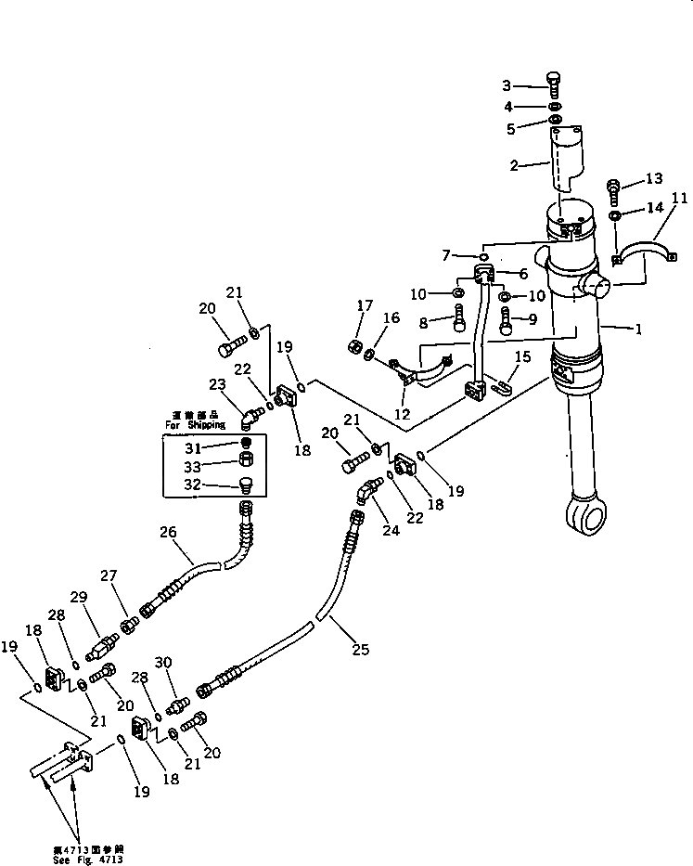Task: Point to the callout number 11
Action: pyautogui.click(x=680, y=198)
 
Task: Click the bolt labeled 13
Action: pyautogui.click(x=614, y=189)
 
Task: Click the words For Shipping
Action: pyautogui.click(x=195, y=425)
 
